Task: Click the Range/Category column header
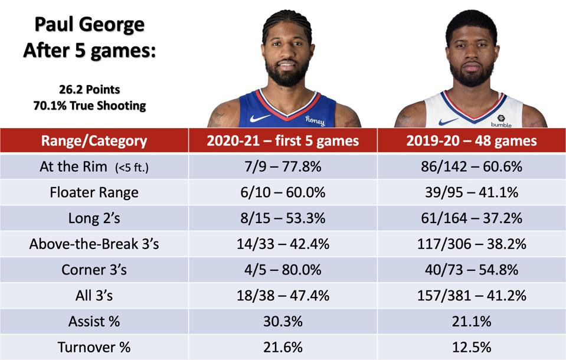tap(94, 141)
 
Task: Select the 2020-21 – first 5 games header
tap(283, 141)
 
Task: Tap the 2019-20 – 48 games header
tap(471, 141)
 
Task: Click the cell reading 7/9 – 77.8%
tap(283, 166)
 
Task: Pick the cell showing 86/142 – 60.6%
tap(471, 166)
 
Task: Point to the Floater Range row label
tap(94, 192)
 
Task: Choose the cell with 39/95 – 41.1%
tap(471, 192)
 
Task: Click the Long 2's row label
tap(94, 218)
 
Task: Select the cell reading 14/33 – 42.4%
tap(283, 244)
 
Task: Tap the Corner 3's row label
tap(94, 270)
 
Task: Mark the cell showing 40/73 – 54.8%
tap(471, 270)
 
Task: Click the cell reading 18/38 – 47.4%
tap(283, 296)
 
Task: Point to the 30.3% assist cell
tap(283, 322)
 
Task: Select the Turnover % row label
tap(94, 347)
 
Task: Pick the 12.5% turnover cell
tap(471, 347)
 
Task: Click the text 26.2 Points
tap(89, 90)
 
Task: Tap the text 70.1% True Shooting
tap(89, 106)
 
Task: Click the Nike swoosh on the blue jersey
tap(260, 117)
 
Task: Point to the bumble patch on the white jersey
tap(501, 120)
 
